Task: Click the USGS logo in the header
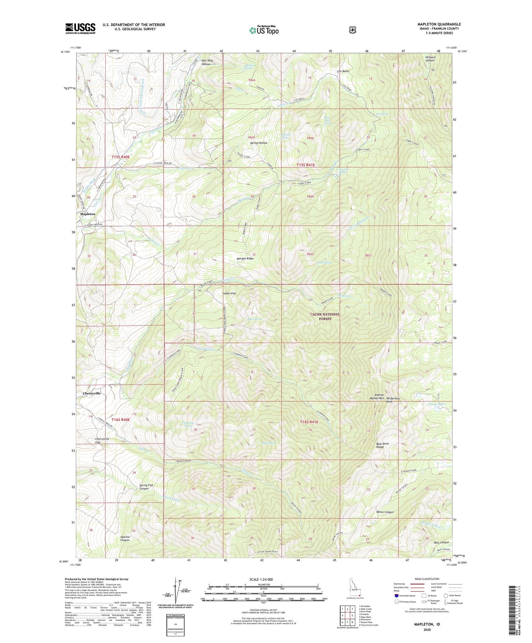[x=80, y=28]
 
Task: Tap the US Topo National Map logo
[x=263, y=30]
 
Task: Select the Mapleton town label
[x=88, y=214]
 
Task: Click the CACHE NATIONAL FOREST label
[x=325, y=316]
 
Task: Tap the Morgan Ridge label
[x=245, y=259]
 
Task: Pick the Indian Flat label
[x=229, y=294]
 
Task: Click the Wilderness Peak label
[x=393, y=400]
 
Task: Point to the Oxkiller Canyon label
[x=125, y=538]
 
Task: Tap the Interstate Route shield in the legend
[x=396, y=595]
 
